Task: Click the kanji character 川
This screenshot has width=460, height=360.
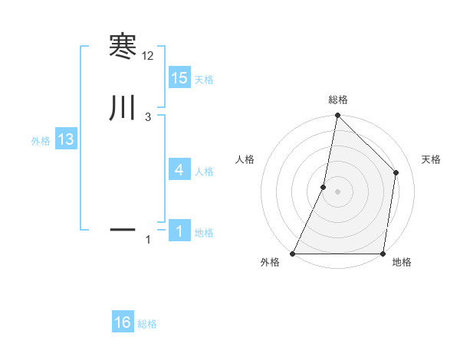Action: coord(123,108)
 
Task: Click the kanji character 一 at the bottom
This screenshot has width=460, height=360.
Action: coord(123,229)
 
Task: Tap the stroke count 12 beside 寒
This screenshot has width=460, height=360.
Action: coord(148,56)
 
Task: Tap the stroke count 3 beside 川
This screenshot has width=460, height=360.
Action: coord(148,116)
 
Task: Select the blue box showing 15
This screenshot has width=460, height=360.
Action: coord(179,78)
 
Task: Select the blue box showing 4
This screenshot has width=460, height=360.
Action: coord(179,170)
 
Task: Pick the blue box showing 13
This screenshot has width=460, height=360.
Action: coord(65,139)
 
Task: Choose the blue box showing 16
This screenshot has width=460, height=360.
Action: coord(123,322)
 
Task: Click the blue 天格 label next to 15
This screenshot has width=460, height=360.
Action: coord(204,80)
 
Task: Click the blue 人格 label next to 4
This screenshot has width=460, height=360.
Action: coord(204,172)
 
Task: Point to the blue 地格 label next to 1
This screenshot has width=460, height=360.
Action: coord(204,233)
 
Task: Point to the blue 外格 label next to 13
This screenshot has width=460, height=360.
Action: coord(41,141)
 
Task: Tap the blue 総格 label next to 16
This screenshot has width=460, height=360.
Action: coord(147,324)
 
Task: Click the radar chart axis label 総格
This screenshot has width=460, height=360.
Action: coord(337,100)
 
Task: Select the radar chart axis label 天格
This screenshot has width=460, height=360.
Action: coord(432,159)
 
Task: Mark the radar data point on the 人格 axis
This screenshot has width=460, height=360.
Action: coord(324,187)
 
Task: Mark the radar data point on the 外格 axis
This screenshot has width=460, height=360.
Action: coord(293,254)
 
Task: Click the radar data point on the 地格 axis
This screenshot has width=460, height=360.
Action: coord(383,254)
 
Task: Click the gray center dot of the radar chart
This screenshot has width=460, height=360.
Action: coord(337,191)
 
